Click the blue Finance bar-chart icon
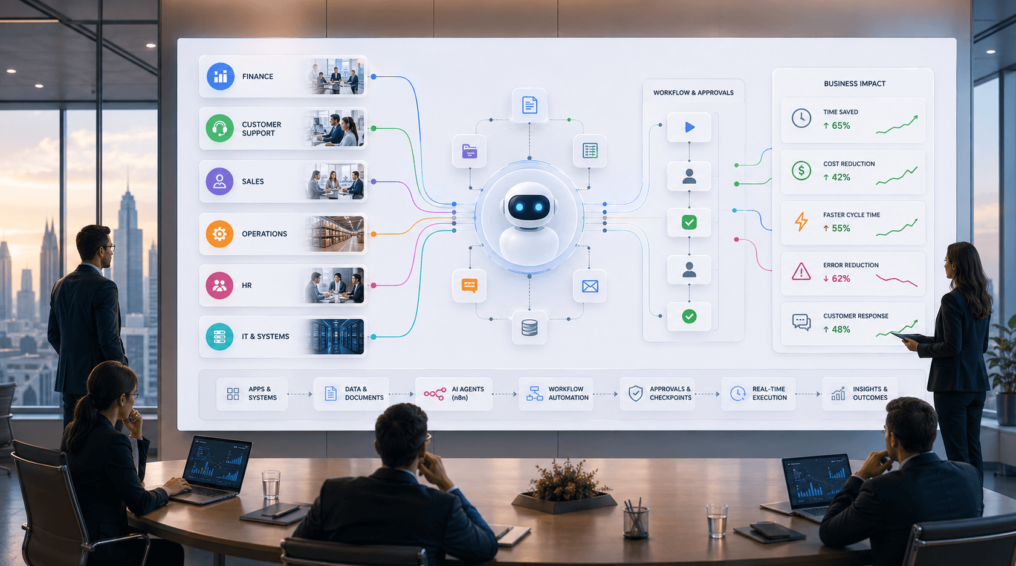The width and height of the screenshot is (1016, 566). (x=221, y=76)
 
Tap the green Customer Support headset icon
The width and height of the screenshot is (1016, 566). (x=219, y=128)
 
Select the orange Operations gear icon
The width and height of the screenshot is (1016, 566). (x=219, y=234)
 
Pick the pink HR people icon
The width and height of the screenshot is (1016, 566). (x=219, y=285)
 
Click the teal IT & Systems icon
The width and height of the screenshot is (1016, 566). (x=219, y=336)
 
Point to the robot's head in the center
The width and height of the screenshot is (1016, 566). (x=529, y=205)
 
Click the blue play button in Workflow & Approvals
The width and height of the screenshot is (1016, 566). (x=690, y=127)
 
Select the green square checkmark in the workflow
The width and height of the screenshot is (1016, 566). (x=690, y=223)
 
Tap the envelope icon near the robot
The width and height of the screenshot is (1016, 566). (x=590, y=286)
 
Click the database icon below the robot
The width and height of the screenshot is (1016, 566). (x=529, y=327)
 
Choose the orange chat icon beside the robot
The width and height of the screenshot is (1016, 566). (x=470, y=285)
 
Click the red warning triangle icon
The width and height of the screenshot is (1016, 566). (x=801, y=272)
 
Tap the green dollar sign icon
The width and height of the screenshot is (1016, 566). (x=801, y=171)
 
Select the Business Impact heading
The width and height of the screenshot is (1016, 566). (x=855, y=83)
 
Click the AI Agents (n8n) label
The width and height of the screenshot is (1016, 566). (x=468, y=393)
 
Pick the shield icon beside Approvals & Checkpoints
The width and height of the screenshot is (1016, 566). (x=635, y=393)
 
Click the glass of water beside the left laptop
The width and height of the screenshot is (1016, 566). (x=271, y=485)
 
